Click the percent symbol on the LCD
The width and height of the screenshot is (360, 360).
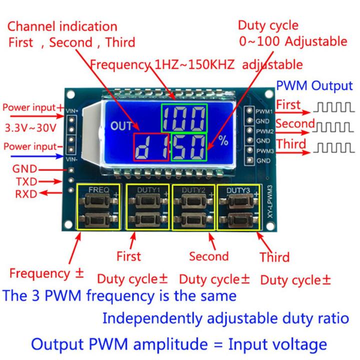(x=223, y=141)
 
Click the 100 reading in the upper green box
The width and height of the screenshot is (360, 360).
(x=183, y=119)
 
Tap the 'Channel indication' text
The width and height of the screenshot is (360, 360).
(x=62, y=26)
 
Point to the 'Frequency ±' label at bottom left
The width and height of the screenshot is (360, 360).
(x=46, y=274)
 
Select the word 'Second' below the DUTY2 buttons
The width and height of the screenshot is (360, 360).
(x=209, y=256)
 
